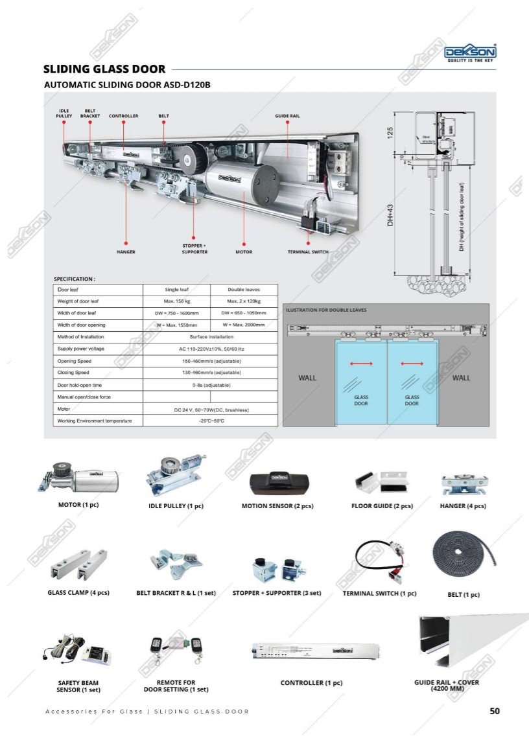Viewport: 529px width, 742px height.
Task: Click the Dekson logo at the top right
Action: click(470, 52)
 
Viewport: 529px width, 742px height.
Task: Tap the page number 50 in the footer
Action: click(495, 711)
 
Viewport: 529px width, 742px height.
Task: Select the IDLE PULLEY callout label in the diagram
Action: click(64, 113)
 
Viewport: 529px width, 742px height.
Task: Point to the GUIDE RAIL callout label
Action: click(287, 116)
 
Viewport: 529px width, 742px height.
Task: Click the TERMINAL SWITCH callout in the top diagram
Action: click(308, 251)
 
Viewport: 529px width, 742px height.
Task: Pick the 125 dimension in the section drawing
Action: click(390, 133)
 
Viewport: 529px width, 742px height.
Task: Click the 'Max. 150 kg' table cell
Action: click(176, 301)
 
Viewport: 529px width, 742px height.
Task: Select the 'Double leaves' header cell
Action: click(243, 290)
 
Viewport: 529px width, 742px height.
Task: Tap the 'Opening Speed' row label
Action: click(75, 361)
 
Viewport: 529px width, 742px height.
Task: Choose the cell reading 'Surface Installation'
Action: click(211, 337)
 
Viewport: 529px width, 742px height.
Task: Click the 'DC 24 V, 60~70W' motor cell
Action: click(211, 410)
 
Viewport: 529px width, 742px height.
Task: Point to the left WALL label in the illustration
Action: click(307, 378)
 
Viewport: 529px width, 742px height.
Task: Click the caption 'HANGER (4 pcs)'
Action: click(463, 506)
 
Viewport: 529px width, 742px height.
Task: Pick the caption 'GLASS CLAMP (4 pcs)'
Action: click(78, 593)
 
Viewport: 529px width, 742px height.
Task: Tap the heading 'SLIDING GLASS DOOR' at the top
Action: click(104, 69)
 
